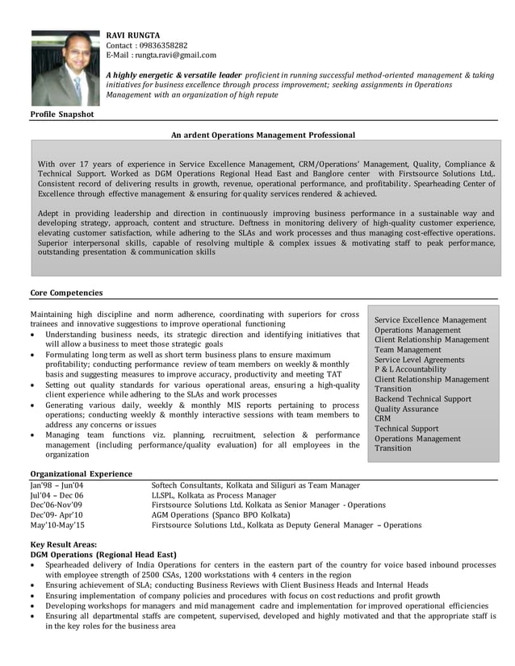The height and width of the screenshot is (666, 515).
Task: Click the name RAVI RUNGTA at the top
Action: pos(133,35)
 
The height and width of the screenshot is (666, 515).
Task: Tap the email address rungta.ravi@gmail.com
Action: pos(175,55)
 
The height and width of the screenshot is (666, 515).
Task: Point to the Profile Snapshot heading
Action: pos(62,114)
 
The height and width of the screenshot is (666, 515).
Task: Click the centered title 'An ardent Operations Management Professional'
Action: pos(263,135)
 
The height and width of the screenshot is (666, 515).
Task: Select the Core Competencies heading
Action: pos(66,293)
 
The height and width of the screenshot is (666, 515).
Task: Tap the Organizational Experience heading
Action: pos(81,474)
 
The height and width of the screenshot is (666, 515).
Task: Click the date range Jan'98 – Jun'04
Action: pos(57,485)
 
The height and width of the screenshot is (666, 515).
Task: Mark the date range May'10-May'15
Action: pos(57,525)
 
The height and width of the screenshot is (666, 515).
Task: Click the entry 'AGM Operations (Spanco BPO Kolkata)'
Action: pos(231,514)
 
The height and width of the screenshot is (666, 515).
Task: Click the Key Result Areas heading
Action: pos(64,546)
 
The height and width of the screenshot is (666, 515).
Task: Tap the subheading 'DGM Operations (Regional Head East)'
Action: pos(103,556)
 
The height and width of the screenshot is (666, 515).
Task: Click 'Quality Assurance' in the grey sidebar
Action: pos(407,409)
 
